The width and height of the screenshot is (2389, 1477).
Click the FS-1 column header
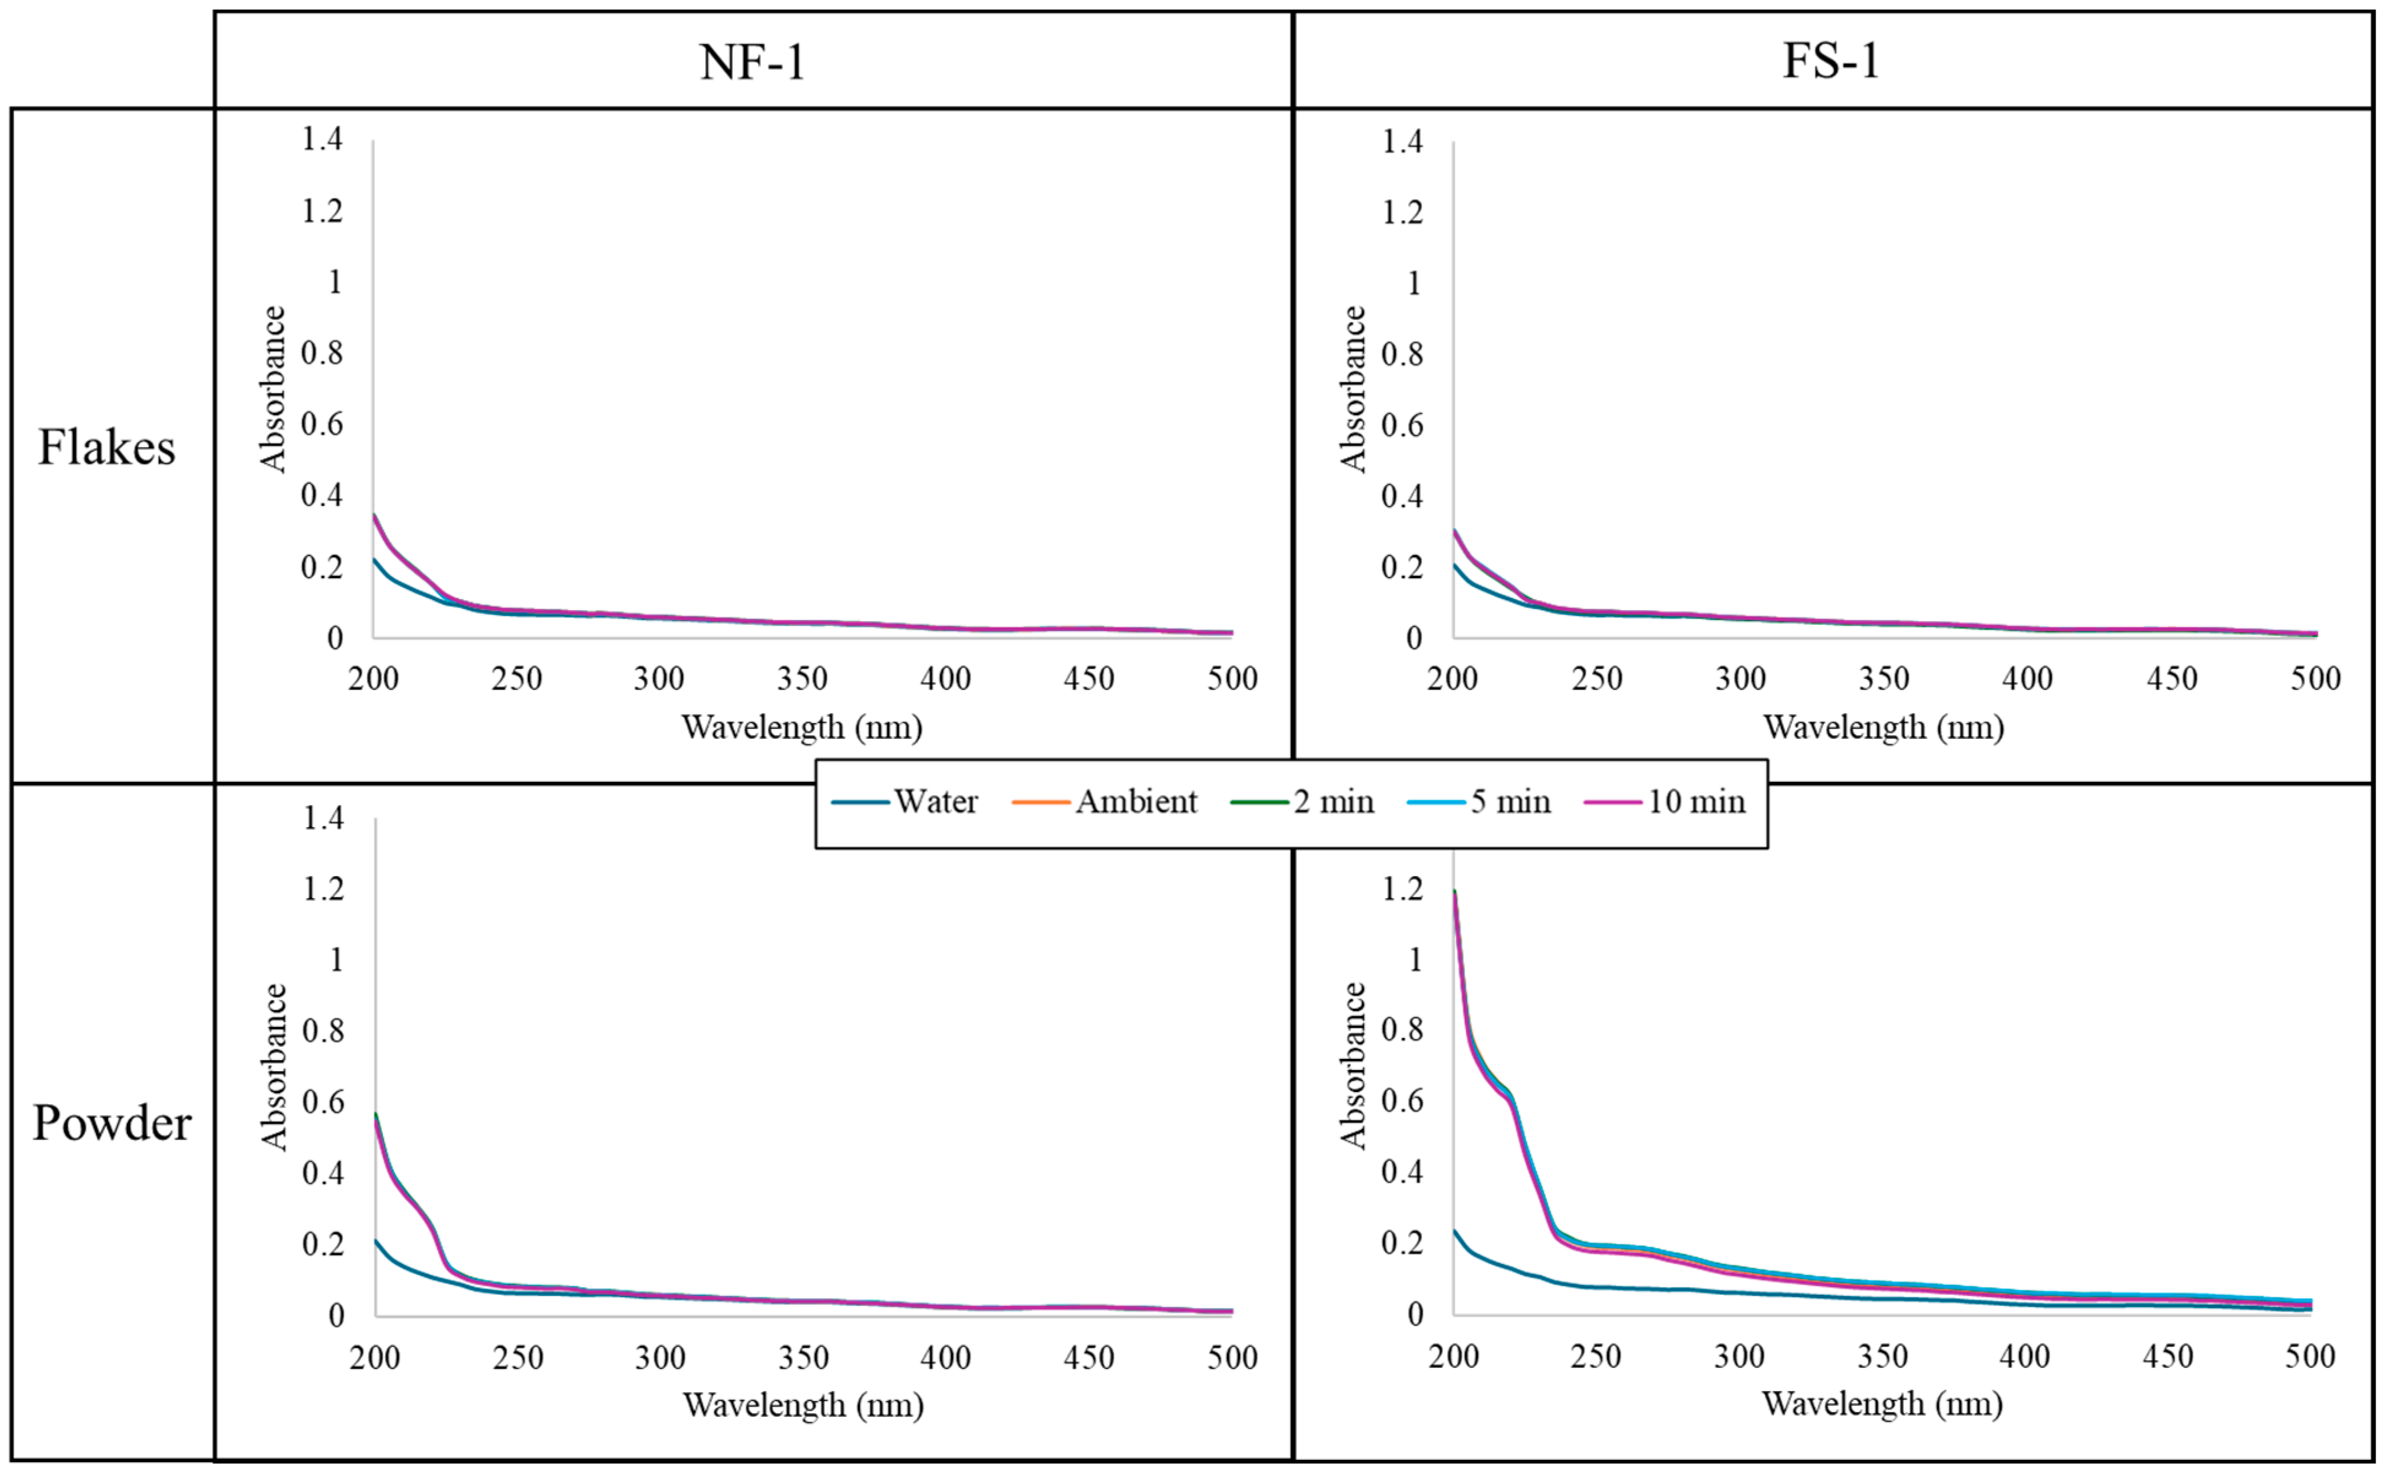1832,61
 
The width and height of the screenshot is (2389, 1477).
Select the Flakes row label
107,448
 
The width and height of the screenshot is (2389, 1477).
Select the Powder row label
112,1123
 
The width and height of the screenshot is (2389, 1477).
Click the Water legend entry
935,802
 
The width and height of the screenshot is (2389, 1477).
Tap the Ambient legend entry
1136,802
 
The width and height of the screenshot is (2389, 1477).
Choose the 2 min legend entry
1333,802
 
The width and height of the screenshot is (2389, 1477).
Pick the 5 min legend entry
1510,802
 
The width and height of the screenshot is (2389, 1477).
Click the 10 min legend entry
1695,802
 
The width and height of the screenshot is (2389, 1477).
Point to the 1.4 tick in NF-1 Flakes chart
323,140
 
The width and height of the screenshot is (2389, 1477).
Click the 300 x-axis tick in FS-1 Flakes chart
1740,679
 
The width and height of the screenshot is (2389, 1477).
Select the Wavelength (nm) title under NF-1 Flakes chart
802,727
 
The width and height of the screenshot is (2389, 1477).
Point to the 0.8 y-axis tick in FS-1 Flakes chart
1402,354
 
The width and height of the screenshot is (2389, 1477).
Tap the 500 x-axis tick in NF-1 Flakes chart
1232,679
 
